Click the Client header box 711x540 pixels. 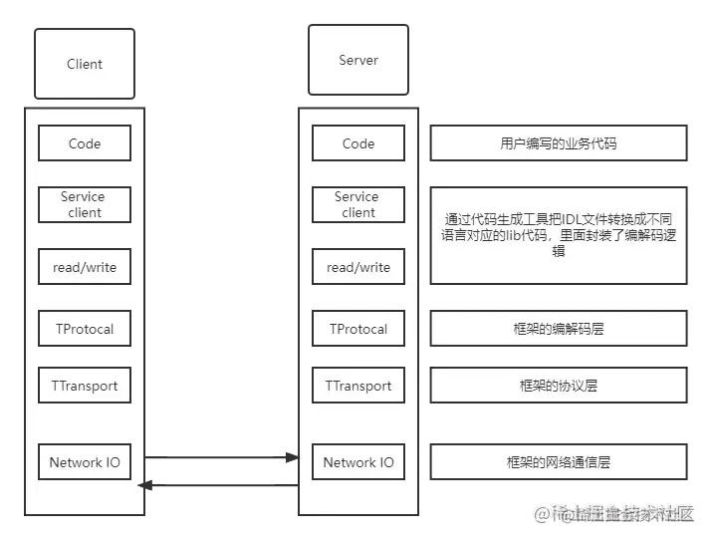click(x=85, y=64)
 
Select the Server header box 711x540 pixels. click(x=358, y=60)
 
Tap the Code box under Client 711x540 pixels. click(x=85, y=143)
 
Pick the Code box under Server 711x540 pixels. click(x=358, y=143)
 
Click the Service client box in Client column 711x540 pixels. click(x=85, y=204)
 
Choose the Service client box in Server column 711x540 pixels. click(x=358, y=204)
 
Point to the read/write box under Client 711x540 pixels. click(x=85, y=267)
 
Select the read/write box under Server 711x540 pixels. click(x=358, y=267)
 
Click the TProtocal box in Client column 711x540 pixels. click(x=85, y=329)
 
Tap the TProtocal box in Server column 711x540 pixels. click(x=358, y=329)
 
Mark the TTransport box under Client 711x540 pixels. click(x=85, y=386)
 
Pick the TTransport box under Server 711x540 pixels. click(x=358, y=386)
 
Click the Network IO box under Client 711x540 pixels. click(x=85, y=462)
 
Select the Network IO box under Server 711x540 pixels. click(x=358, y=462)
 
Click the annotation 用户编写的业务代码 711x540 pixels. click(x=559, y=143)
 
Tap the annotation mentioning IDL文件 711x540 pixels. click(x=559, y=235)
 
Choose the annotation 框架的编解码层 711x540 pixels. click(x=559, y=328)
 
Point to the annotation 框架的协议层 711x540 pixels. click(x=559, y=386)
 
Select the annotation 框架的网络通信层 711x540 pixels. click(x=559, y=462)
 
